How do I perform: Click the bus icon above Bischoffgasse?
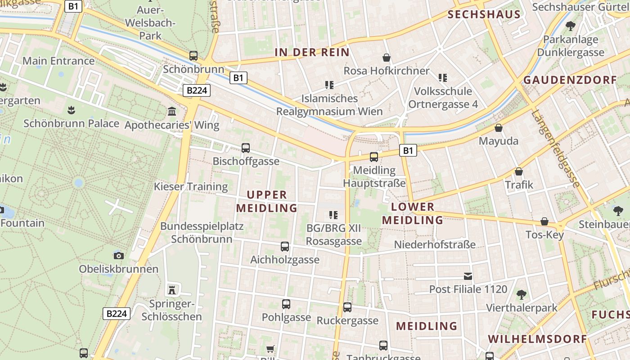tap(246, 148)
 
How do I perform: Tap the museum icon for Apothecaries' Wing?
tap(171, 111)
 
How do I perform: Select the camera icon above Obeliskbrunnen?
tap(119, 256)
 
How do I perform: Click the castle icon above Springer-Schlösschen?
tap(171, 289)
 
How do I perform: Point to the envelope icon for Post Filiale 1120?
tap(468, 276)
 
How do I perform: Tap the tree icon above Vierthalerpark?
tap(522, 295)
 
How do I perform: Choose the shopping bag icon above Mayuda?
tap(499, 128)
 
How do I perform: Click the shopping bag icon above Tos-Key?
tap(544, 221)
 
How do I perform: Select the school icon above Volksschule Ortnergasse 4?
tap(443, 78)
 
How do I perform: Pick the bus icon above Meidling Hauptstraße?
tap(374, 157)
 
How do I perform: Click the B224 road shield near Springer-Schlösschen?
tap(117, 314)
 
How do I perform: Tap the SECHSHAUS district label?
tap(484, 14)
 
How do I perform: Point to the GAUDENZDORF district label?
tap(570, 80)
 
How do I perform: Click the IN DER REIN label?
tap(312, 52)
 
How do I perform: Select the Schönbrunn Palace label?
tap(71, 123)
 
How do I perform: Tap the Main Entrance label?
tap(58, 61)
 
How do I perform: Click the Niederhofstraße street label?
tap(435, 245)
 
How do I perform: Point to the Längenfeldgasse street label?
tap(556, 148)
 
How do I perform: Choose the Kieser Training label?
tap(191, 186)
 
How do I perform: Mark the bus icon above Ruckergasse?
tap(347, 307)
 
